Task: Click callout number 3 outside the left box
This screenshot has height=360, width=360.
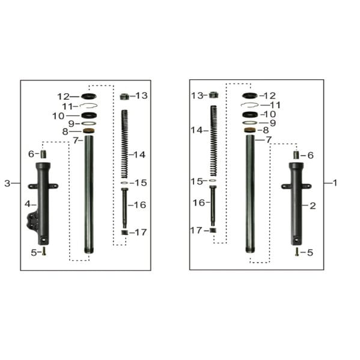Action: click(7, 183)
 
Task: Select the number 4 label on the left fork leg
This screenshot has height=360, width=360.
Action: click(27, 204)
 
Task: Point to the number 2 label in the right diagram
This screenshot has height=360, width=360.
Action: click(313, 206)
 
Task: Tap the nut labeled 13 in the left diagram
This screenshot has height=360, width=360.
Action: click(124, 96)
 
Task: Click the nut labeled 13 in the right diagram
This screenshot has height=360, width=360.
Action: click(213, 94)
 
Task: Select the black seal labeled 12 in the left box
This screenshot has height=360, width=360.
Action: click(88, 96)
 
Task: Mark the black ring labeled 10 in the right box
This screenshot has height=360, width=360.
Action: click(249, 114)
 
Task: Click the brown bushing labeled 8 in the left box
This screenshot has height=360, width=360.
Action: click(88, 130)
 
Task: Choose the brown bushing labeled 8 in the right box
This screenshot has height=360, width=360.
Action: click(249, 130)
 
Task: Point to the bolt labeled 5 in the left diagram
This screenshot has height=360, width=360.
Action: click(44, 253)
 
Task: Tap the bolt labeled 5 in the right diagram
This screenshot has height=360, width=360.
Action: click(297, 252)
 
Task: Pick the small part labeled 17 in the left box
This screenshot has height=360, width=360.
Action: click(124, 232)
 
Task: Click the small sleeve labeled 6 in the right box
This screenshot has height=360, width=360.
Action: click(296, 155)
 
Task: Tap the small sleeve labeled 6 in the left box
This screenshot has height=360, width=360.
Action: click(43, 154)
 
